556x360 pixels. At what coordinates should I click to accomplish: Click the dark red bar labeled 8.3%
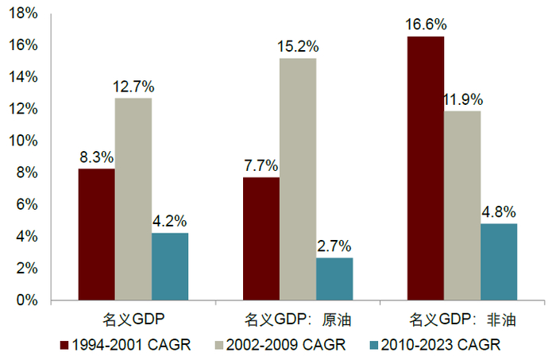(97, 234)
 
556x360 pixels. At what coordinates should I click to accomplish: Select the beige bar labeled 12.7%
(133, 199)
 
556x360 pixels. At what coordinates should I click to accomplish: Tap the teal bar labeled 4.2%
(170, 267)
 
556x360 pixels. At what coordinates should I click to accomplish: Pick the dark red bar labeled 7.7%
(261, 239)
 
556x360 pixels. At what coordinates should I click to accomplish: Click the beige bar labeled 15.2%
(298, 180)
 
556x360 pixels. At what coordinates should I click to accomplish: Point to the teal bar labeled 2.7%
(334, 279)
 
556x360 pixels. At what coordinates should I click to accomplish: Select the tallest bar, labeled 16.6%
(426, 168)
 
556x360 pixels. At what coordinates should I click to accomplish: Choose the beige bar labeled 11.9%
(462, 206)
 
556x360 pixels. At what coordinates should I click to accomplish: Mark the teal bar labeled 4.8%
(499, 262)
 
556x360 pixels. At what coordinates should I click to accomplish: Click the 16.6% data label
(426, 25)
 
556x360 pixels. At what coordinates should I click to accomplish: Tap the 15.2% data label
(298, 46)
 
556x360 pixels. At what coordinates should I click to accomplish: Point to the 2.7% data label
(334, 246)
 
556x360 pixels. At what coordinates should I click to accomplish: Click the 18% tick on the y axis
(23, 14)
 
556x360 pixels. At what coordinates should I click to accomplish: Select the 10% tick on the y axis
(23, 141)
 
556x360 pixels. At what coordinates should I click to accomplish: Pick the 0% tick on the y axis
(27, 300)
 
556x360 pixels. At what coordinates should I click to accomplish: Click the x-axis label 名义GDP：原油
(298, 319)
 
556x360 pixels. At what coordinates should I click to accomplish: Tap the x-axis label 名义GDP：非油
(462, 319)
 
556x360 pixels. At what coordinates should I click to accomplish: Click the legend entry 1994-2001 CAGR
(125, 345)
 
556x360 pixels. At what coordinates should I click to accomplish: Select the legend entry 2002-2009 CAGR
(280, 345)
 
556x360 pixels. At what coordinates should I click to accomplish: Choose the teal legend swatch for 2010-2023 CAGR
(374, 345)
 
